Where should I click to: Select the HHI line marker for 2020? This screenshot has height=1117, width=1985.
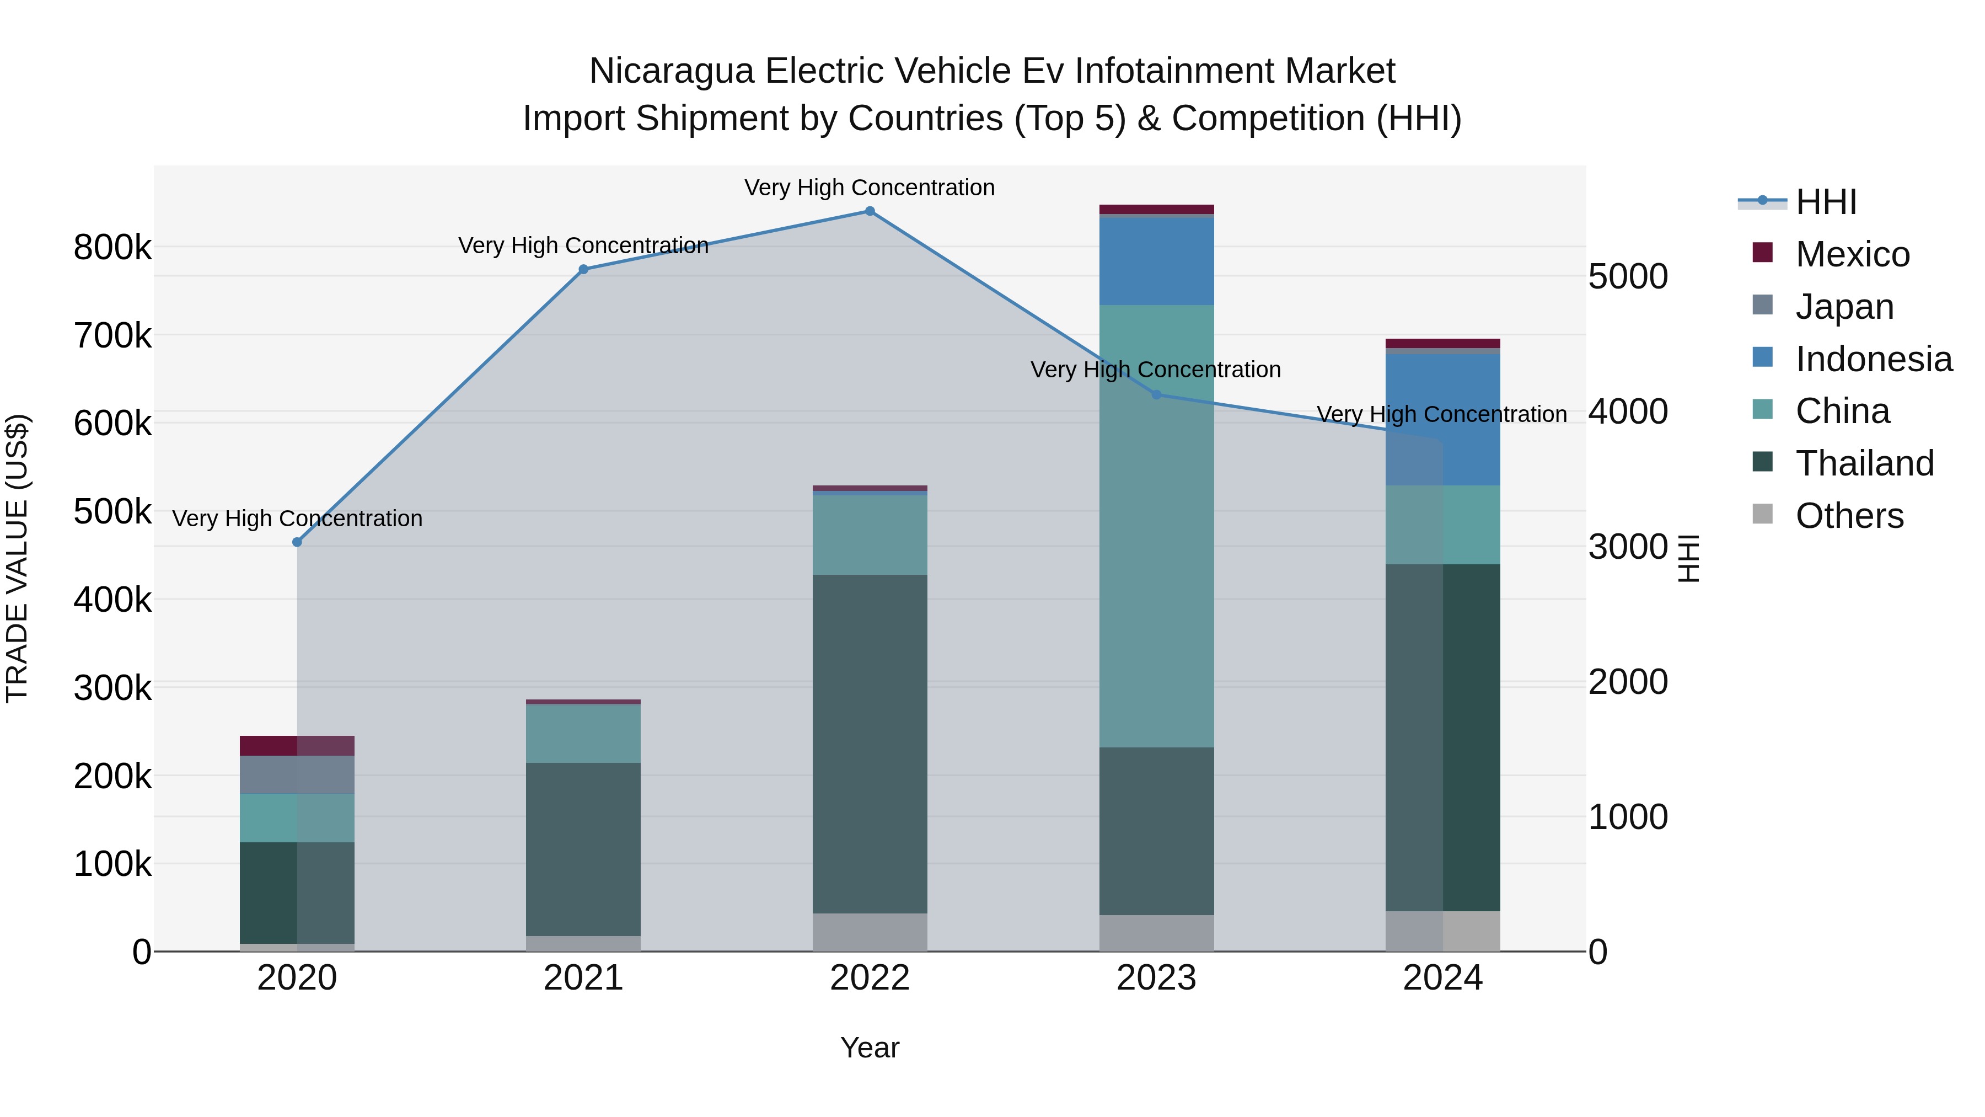click(x=297, y=542)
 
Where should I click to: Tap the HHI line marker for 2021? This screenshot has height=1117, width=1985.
click(x=583, y=269)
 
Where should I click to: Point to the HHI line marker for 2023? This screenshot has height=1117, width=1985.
click(x=1156, y=395)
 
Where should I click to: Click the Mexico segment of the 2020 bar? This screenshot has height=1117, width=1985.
click(x=297, y=745)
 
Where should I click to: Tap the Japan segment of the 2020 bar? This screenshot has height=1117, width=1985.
click(x=297, y=775)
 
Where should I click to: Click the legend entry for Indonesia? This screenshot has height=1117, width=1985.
click(x=1873, y=359)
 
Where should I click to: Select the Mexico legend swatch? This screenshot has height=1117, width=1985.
click(x=1762, y=253)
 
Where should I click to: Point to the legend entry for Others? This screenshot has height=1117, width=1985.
click(x=1849, y=516)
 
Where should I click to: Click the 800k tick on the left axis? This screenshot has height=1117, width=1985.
click(x=112, y=248)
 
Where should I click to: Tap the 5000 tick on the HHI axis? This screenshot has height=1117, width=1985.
click(x=1628, y=277)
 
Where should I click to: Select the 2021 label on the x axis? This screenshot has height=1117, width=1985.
click(x=583, y=978)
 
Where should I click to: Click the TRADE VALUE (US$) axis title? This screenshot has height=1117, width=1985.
click(x=18, y=558)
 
